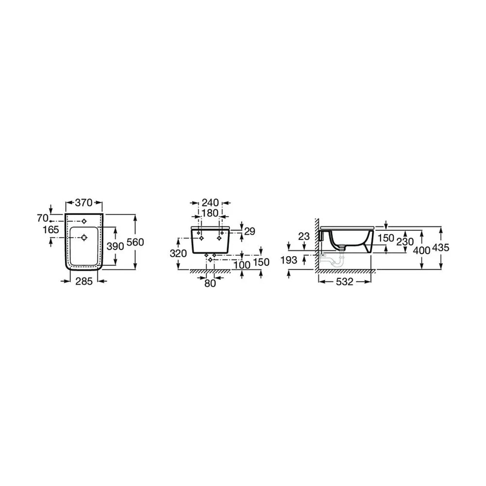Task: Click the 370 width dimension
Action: click(84, 203)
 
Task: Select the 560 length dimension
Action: click(136, 242)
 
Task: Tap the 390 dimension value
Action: click(115, 246)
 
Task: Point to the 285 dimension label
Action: click(84, 281)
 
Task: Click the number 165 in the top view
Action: click(51, 230)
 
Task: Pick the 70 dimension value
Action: click(43, 218)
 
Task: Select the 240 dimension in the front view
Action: click(210, 203)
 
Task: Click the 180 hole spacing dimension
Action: click(210, 213)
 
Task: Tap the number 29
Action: click(249, 231)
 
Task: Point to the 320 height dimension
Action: click(178, 254)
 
